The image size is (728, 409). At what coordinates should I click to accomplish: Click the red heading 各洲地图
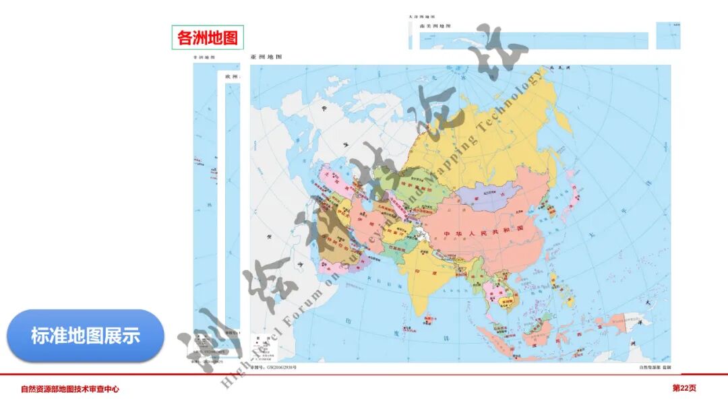208,38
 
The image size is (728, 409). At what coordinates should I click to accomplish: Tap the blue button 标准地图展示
86,336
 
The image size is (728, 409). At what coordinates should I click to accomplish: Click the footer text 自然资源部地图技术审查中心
70,389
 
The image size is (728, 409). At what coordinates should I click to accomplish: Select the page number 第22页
684,388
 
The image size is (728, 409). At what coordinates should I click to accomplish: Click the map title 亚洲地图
266,58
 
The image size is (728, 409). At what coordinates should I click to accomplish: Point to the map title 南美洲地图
435,26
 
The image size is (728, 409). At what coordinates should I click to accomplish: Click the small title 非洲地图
204,58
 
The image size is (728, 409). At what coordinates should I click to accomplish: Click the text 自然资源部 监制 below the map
655,367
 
